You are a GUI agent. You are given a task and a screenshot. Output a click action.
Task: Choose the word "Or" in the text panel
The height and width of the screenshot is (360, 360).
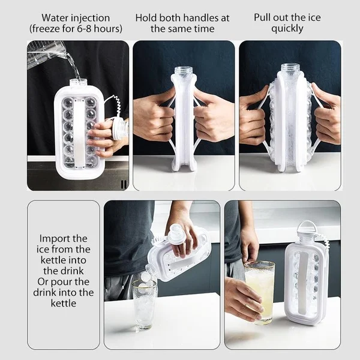(x=44, y=281)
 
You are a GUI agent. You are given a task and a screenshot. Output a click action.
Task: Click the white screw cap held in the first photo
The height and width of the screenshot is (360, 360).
(x=120, y=128)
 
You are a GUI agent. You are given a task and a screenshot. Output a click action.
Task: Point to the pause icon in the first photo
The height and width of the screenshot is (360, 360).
(x=124, y=184)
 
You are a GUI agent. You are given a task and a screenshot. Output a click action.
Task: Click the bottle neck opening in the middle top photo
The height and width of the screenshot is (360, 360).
(x=183, y=71)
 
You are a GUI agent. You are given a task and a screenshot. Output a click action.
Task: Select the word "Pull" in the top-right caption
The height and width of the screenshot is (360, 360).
(x=264, y=17)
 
